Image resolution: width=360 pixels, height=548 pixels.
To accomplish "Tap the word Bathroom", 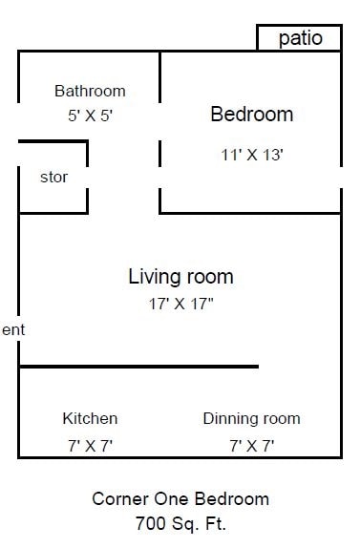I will click(x=90, y=92).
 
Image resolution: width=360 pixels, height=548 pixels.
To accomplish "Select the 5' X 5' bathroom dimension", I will click(x=90, y=115).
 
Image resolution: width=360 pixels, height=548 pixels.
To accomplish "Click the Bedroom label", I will click(x=251, y=115).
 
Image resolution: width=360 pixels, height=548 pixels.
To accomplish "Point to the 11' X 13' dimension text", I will click(x=251, y=155).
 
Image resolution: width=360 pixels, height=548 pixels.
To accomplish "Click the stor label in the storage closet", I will click(x=53, y=178).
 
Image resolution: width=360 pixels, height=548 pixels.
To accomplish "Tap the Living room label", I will click(x=180, y=277).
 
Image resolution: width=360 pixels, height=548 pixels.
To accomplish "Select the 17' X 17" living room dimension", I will click(x=180, y=306).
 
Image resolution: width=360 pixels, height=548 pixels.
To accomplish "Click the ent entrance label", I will click(x=12, y=330).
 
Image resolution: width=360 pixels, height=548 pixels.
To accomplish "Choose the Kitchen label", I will click(x=90, y=418).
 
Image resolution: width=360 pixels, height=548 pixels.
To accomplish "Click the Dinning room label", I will click(x=251, y=418).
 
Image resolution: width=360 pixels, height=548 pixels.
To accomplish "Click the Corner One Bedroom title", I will click(x=180, y=498).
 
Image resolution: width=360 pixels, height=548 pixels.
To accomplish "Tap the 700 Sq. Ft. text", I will click(x=180, y=523).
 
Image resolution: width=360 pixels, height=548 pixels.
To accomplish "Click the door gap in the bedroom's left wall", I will click(x=159, y=178).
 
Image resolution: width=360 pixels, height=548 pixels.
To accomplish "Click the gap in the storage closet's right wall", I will click(x=88, y=178).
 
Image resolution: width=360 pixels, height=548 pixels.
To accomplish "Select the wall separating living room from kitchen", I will click(x=138, y=366).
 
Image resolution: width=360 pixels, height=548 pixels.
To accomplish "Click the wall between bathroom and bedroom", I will click(x=159, y=95).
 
